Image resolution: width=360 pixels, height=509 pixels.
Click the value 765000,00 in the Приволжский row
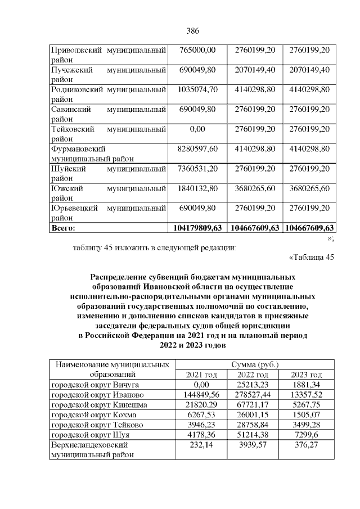pyautogui.click(x=197, y=51)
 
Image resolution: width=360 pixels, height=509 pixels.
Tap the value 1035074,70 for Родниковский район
pyautogui.click(x=197, y=89)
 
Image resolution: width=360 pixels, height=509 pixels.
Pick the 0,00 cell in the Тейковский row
pyautogui.click(x=197, y=129)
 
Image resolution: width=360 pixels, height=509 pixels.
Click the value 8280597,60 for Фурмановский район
pyautogui.click(x=197, y=148)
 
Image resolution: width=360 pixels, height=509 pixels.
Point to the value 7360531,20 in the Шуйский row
pyautogui.click(x=197, y=168)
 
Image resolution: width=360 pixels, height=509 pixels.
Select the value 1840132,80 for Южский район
pyautogui.click(x=197, y=188)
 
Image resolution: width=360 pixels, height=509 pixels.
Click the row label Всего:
pyautogui.click(x=63, y=227)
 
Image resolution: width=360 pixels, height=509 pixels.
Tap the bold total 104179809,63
pyautogui.click(x=197, y=227)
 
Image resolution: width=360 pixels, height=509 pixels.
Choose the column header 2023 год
pyautogui.click(x=307, y=375)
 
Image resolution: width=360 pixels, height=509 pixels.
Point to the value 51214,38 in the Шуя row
pyautogui.click(x=252, y=435)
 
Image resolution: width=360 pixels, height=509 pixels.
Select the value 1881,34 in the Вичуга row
pyautogui.click(x=307, y=385)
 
